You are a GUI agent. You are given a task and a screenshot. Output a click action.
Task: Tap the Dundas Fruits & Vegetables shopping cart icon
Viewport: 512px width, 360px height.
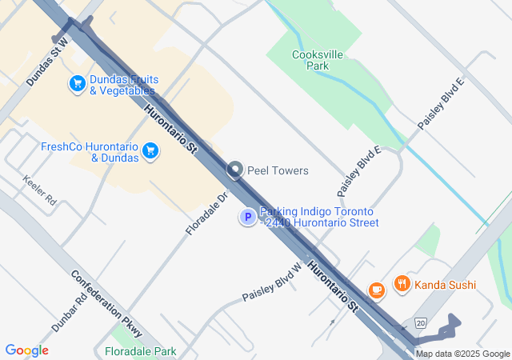pos(78,83)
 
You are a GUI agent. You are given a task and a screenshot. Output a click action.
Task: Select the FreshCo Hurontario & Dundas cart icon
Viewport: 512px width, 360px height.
pos(150,151)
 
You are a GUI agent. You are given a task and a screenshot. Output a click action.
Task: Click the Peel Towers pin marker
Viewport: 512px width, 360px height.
pos(234,170)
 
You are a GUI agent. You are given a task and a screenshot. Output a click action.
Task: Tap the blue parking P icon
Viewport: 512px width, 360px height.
pos(248,217)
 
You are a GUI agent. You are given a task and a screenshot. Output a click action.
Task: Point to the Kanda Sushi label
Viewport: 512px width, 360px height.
pos(446,284)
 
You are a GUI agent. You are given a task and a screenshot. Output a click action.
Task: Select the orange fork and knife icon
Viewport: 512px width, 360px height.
pos(402,284)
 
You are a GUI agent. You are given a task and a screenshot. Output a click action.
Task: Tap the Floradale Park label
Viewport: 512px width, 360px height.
pos(141,351)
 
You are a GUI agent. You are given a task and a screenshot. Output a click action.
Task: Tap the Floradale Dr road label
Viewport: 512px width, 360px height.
pos(207,213)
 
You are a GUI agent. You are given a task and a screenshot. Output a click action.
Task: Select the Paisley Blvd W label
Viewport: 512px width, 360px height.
pos(272,283)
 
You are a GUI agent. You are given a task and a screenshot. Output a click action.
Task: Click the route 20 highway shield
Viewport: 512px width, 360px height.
pos(422,322)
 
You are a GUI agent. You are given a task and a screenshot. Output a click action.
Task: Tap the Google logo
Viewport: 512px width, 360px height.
pos(26,350)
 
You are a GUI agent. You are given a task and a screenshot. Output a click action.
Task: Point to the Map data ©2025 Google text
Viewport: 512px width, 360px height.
pos(462,354)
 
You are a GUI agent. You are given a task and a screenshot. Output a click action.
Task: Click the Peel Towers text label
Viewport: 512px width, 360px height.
pos(278,170)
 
